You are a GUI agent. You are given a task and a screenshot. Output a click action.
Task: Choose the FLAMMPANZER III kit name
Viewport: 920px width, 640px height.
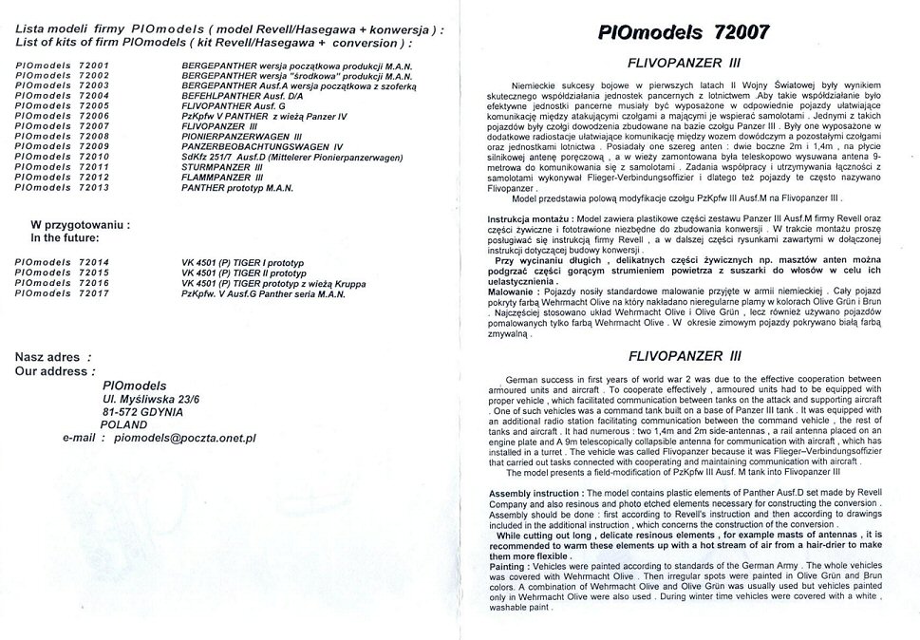pos(222,178)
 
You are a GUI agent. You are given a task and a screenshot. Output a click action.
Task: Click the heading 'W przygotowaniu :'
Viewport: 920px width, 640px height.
pos(81,225)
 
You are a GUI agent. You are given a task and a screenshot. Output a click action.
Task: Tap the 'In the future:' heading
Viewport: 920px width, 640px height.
pos(70,238)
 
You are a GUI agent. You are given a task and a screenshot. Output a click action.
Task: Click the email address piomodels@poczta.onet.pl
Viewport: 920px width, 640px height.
pos(184,439)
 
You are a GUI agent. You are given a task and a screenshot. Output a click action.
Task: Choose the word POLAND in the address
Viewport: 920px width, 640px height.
pos(123,425)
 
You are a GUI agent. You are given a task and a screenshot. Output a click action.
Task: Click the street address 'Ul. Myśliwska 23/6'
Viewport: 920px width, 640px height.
pos(151,399)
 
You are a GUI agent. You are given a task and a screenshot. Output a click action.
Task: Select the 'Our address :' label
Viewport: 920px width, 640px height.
pos(54,371)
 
